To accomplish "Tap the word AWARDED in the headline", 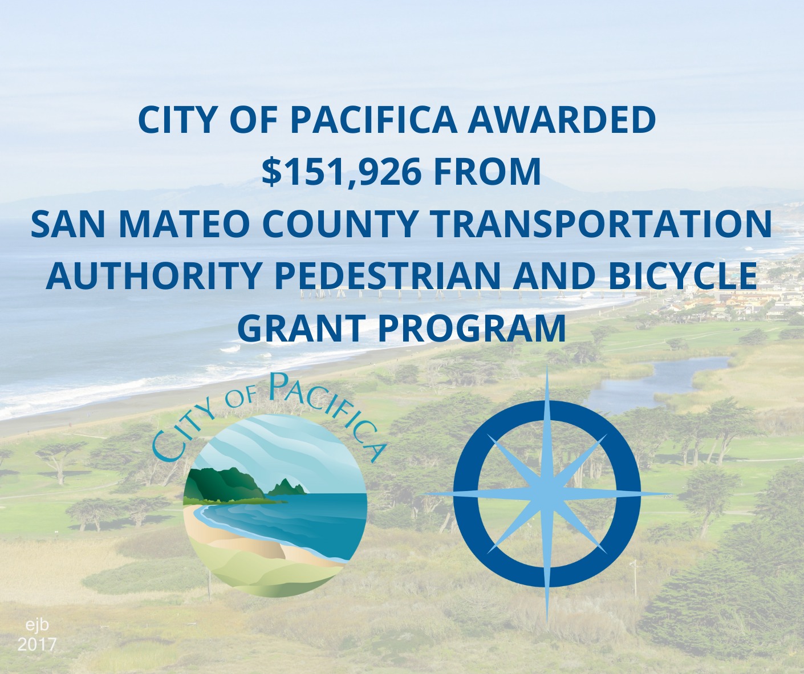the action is pyautogui.click(x=562, y=119).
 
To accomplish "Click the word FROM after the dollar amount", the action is pyautogui.click(x=487, y=172).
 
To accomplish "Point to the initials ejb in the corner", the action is pyautogui.click(x=38, y=626).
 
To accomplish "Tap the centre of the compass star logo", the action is pyautogui.click(x=547, y=493).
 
